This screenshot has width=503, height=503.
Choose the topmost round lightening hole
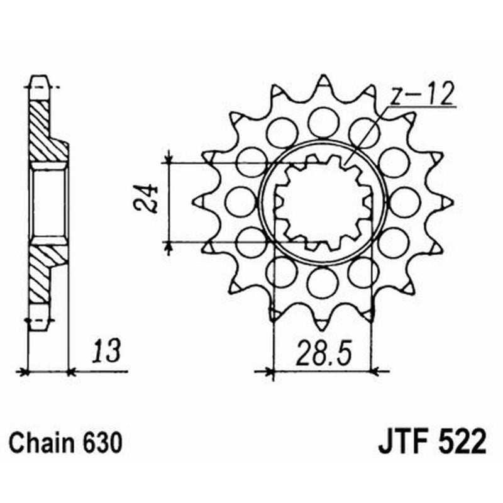click(323, 119)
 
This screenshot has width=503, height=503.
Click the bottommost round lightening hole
click(323, 283)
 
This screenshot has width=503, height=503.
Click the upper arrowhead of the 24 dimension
click(169, 157)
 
